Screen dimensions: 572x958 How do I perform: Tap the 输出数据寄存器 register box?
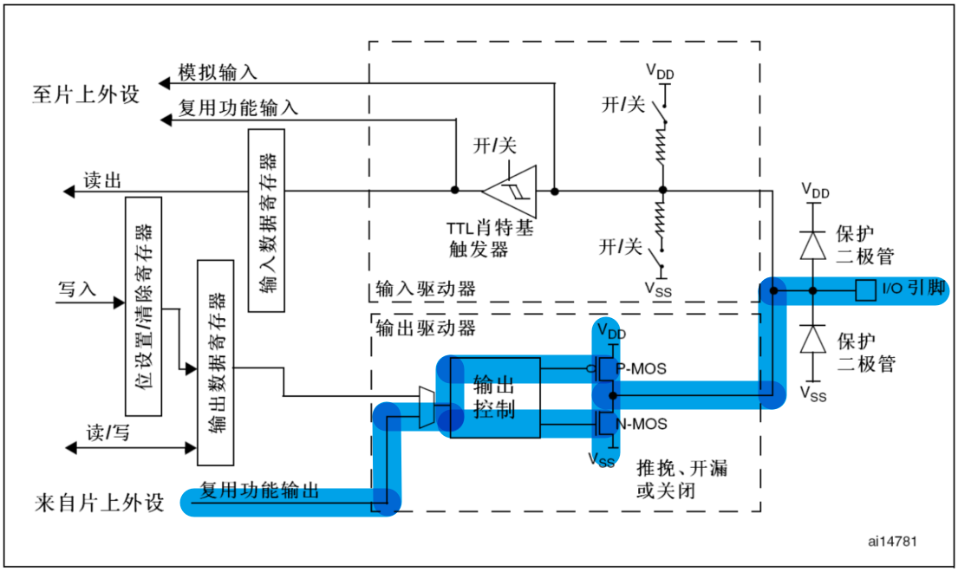click(x=216, y=361)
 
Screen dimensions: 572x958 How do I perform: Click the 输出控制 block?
click(x=494, y=397)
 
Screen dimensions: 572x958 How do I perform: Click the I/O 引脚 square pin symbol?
click(x=864, y=289)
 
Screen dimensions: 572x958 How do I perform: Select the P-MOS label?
click(x=641, y=368)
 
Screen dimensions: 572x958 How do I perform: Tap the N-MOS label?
click(x=641, y=424)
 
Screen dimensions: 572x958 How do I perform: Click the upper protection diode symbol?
click(x=812, y=246)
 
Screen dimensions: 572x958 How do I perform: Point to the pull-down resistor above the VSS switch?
click(x=662, y=220)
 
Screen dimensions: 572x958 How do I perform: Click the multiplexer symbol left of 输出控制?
click(x=426, y=407)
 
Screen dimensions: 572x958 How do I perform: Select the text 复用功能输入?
click(x=238, y=107)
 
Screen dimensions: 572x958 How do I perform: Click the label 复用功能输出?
click(x=259, y=491)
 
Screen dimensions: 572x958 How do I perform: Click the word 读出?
click(x=101, y=179)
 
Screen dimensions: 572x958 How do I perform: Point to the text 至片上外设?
click(x=86, y=94)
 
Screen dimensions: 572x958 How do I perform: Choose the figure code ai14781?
click(x=892, y=541)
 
